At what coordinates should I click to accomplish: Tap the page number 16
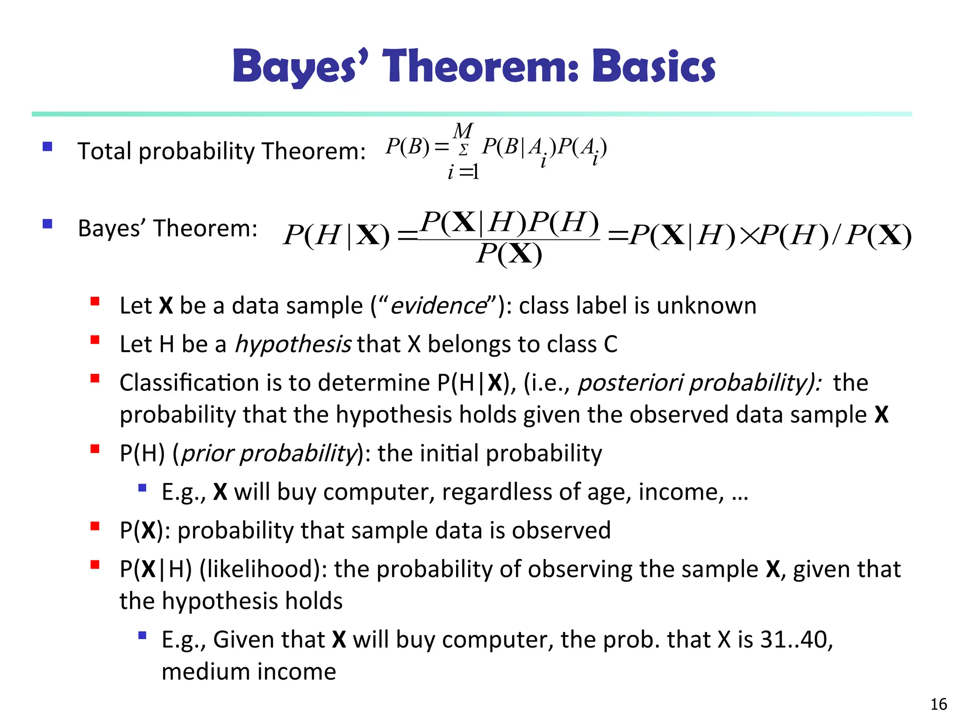tap(938, 704)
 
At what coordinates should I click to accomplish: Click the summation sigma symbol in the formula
tap(463, 150)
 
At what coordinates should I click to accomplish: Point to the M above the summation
tap(463, 131)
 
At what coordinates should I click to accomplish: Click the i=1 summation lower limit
tap(463, 172)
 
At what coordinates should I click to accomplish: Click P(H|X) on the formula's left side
tap(336, 235)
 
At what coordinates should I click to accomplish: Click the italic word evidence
tap(438, 306)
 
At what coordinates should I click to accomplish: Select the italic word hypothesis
tap(293, 345)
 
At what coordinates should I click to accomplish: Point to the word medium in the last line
tap(206, 672)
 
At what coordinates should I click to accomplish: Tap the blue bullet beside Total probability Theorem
tap(47, 147)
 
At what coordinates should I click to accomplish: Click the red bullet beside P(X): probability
tap(95, 527)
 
